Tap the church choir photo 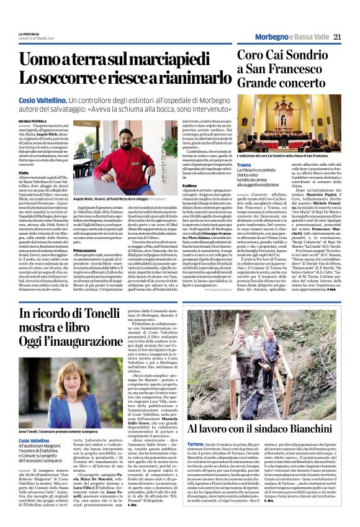(x=289, y=122)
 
